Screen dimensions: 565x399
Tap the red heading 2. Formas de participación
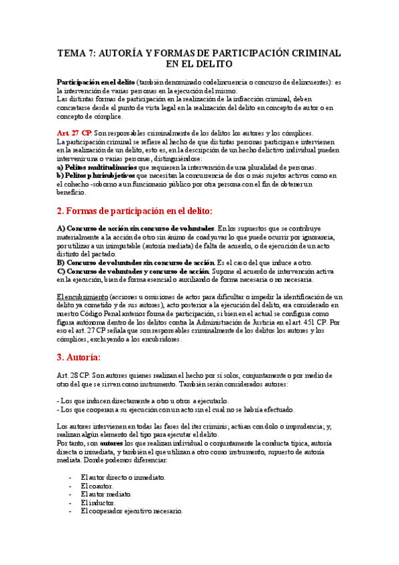coord(135,211)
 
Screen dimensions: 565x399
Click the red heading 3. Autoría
coord(78,356)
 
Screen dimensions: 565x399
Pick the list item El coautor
coord(97,486)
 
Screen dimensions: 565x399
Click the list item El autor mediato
coord(106,494)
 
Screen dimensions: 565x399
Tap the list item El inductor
coord(97,503)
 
